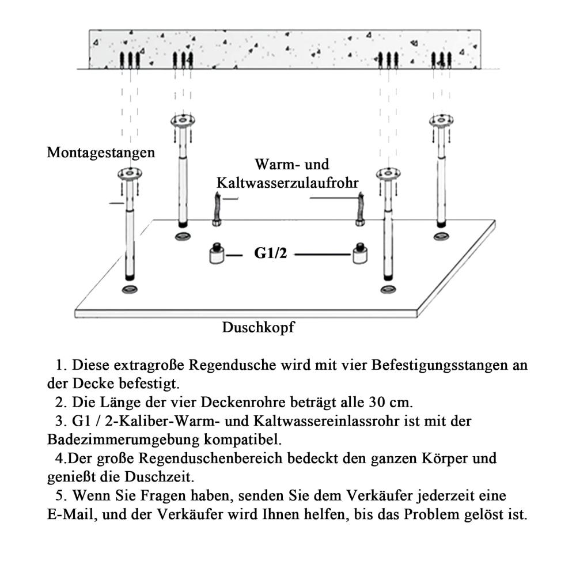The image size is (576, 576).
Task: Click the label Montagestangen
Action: [101, 153]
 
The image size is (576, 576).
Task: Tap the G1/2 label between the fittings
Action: [270, 253]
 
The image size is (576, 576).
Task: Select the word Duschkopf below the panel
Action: [258, 327]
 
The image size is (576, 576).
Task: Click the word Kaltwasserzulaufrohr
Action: [287, 183]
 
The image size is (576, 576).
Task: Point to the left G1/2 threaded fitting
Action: [217, 253]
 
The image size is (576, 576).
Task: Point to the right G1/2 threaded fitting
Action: [360, 253]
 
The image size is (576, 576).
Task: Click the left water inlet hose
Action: [217, 209]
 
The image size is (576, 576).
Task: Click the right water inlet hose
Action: [361, 209]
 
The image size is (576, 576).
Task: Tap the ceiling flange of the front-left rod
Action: [130, 173]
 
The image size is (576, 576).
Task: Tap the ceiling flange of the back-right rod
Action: [441, 120]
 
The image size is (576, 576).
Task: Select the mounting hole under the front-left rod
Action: [130, 290]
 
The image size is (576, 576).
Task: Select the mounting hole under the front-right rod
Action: [388, 290]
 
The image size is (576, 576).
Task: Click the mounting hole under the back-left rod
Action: [183, 237]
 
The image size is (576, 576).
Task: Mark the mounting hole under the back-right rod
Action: [441, 237]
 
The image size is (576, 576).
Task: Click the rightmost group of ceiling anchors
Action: [442, 60]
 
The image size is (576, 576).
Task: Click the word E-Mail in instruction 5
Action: [70, 514]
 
